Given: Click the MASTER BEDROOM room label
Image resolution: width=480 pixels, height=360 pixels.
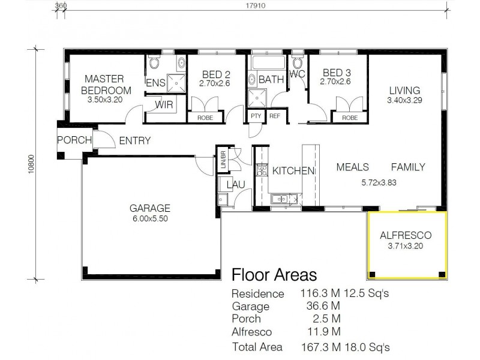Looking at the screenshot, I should point(104,84).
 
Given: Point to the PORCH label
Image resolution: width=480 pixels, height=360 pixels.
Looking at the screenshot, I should point(74,140).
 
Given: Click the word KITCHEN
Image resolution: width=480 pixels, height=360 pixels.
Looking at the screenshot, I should point(293,171).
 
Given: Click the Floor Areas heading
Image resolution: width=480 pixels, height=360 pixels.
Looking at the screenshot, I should point(274,275).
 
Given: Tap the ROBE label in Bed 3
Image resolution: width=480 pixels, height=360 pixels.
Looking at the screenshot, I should point(350,118).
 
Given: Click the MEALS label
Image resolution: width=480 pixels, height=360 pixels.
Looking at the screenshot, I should point(352,167).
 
